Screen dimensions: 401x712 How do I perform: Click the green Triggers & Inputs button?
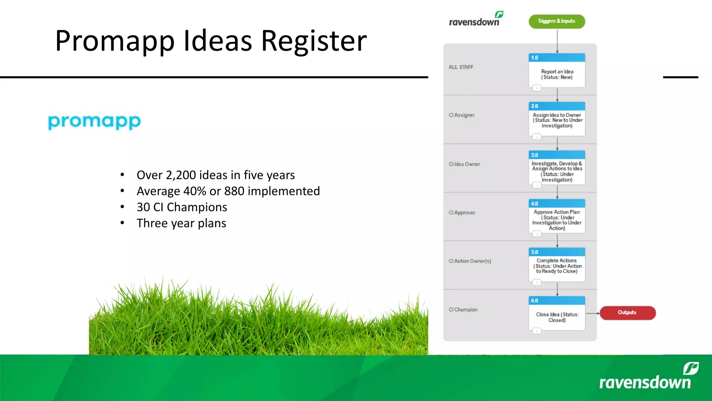(557, 21)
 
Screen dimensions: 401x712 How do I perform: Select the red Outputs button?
(628, 313)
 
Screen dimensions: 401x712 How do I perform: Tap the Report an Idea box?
(557, 74)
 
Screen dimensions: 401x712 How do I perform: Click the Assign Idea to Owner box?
(557, 120)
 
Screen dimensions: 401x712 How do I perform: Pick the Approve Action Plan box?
(557, 220)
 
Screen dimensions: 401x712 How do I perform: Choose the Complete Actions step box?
(557, 266)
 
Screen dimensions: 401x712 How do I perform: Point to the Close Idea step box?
(557, 317)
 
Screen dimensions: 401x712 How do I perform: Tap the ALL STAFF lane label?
(461, 67)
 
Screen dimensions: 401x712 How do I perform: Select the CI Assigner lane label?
(462, 115)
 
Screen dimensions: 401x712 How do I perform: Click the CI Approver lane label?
(462, 213)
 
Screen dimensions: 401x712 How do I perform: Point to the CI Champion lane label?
(463, 309)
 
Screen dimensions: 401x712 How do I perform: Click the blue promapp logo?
(94, 122)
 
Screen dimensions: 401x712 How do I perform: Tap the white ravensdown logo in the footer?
(647, 378)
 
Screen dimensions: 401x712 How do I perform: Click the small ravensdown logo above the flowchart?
(476, 20)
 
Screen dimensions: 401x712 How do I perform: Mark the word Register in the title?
(314, 41)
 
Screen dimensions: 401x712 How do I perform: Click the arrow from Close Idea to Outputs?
(593, 313)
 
